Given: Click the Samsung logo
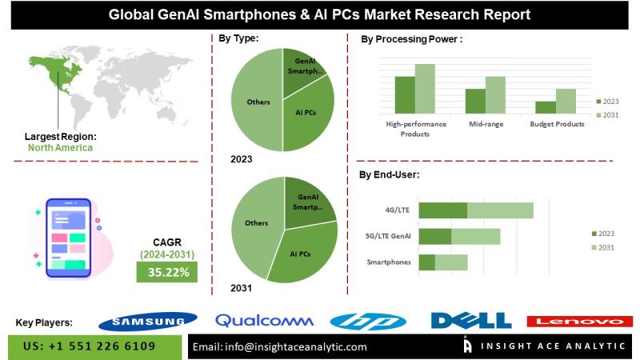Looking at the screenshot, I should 147,321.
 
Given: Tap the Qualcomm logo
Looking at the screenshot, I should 264,321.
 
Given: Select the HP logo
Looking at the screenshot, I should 368,321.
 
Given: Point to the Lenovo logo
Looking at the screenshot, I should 574,321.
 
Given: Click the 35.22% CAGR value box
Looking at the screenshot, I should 168,272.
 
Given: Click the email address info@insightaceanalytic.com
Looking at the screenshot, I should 281,347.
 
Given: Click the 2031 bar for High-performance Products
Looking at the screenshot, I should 424,90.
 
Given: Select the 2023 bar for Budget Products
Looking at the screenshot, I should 546,107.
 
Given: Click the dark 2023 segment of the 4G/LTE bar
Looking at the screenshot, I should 443,210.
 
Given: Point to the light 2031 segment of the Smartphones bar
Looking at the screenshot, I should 451,262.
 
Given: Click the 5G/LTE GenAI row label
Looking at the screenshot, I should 387,236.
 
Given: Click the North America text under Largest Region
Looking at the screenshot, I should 60,147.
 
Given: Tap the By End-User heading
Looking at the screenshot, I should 390,174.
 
